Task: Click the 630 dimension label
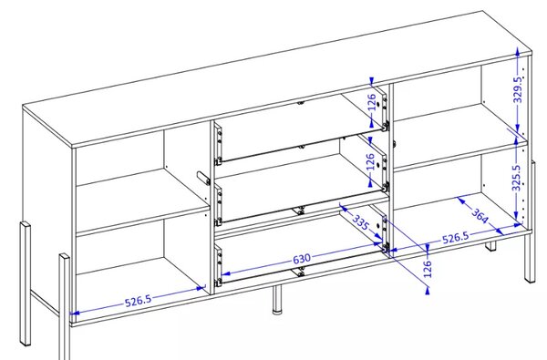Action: coord(302,259)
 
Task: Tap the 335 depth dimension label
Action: coord(360,222)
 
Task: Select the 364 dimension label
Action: coord(480,216)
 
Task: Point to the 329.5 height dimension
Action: coord(519,89)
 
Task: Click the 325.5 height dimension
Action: coord(517,178)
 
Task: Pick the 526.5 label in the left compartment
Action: coord(139,301)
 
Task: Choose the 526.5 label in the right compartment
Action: coord(456,238)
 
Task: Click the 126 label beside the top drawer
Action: coord(373,102)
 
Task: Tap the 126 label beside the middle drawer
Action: coord(371,161)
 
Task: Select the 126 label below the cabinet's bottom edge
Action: coord(428,269)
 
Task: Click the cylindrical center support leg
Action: coord(277,299)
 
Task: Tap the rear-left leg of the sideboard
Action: coord(26,283)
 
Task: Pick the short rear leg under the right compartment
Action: coord(490,246)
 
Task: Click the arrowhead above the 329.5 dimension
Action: coord(518,52)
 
